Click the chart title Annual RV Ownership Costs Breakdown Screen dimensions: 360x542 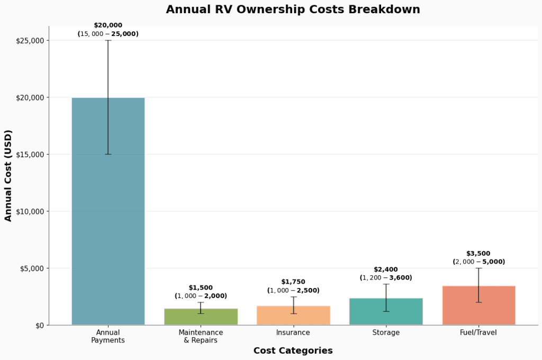tap(293, 10)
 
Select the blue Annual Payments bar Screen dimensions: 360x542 tap(108, 212)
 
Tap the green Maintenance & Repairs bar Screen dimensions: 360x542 tap(201, 317)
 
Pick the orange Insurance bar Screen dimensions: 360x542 tap(293, 316)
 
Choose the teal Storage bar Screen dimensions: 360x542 tap(386, 312)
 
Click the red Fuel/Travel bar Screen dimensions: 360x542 tap(478, 305)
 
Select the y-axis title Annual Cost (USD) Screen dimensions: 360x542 tap(8, 175)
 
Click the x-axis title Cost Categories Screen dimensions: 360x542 tap(293, 350)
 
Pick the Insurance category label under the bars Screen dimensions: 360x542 tap(293, 332)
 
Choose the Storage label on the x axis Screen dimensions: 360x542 tap(386, 332)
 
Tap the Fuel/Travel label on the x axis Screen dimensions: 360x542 tap(478, 332)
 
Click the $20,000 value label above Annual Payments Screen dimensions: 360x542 tap(108, 25)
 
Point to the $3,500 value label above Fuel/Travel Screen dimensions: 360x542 tap(478, 254)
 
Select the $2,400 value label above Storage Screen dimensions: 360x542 tap(386, 269)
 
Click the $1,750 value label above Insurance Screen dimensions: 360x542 tap(293, 282)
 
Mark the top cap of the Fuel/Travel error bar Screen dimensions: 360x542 tap(478, 268)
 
